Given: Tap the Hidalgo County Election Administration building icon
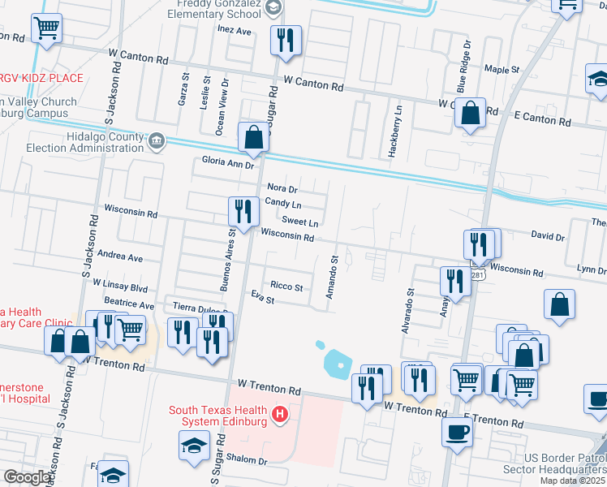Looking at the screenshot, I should (x=157, y=142).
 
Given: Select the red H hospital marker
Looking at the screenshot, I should (x=280, y=416).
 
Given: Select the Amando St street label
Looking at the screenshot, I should (x=332, y=277).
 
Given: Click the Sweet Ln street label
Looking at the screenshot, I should (x=299, y=222).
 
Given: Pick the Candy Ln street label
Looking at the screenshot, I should (x=283, y=202).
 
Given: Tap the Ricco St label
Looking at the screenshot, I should (x=286, y=287).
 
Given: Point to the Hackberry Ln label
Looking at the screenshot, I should (x=398, y=120).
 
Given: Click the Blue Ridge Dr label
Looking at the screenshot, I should (x=463, y=67).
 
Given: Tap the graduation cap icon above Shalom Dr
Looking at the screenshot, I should (x=195, y=446).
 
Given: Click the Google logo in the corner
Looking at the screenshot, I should (x=26, y=477).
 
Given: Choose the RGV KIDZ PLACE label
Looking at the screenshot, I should (x=41, y=78).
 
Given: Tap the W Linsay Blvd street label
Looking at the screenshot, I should (x=120, y=287).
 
